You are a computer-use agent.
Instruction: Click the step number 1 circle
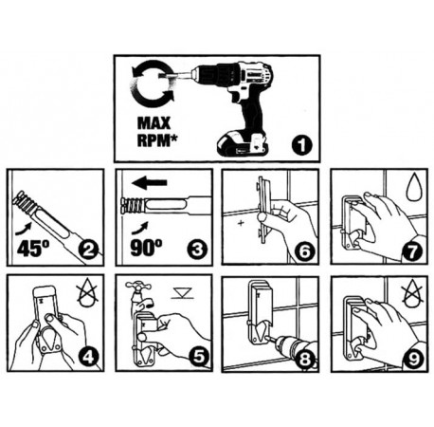pos(301,145)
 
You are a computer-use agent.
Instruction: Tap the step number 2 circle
pos(88,250)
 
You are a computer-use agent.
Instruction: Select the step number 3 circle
pos(197,250)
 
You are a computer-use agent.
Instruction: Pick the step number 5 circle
pos(199,356)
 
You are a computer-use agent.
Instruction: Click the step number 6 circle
pos(304,251)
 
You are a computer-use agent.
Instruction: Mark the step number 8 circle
pos(303,359)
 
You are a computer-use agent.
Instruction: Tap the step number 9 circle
pos(413,359)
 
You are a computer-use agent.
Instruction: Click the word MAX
pos(154,123)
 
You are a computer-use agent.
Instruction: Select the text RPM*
pos(156,139)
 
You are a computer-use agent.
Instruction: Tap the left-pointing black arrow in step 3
pos(149,182)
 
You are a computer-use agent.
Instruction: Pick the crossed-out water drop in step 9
pos(412,295)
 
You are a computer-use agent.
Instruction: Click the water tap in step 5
pos(139,294)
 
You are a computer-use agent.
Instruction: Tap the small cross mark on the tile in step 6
pos(241,223)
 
